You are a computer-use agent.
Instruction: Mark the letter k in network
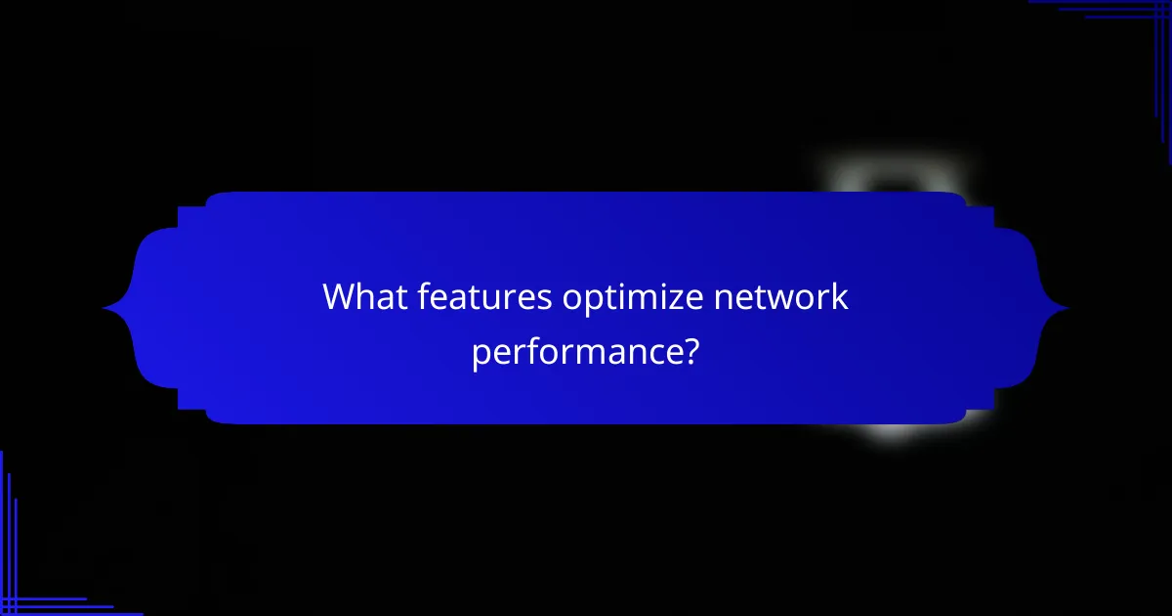click(839, 296)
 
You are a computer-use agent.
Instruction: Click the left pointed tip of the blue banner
click(104, 309)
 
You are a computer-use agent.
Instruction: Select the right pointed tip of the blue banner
click(1068, 309)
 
